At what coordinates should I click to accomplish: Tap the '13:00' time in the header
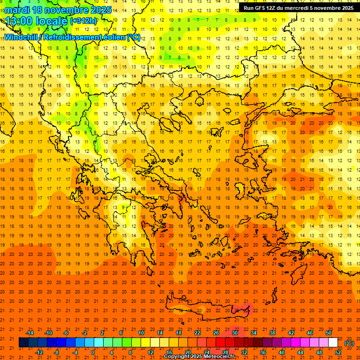tap(18, 21)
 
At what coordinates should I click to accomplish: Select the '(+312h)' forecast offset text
tap(83, 21)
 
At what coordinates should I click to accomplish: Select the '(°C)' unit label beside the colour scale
tap(349, 343)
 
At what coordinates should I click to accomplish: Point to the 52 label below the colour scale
tap(338, 352)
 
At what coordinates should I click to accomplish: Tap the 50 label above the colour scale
tap(329, 333)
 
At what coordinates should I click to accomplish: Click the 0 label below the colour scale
tap(93, 352)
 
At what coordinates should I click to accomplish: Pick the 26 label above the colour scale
tap(216, 333)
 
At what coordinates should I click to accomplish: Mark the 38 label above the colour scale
tap(272, 333)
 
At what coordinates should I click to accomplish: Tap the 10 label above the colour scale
tap(141, 333)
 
